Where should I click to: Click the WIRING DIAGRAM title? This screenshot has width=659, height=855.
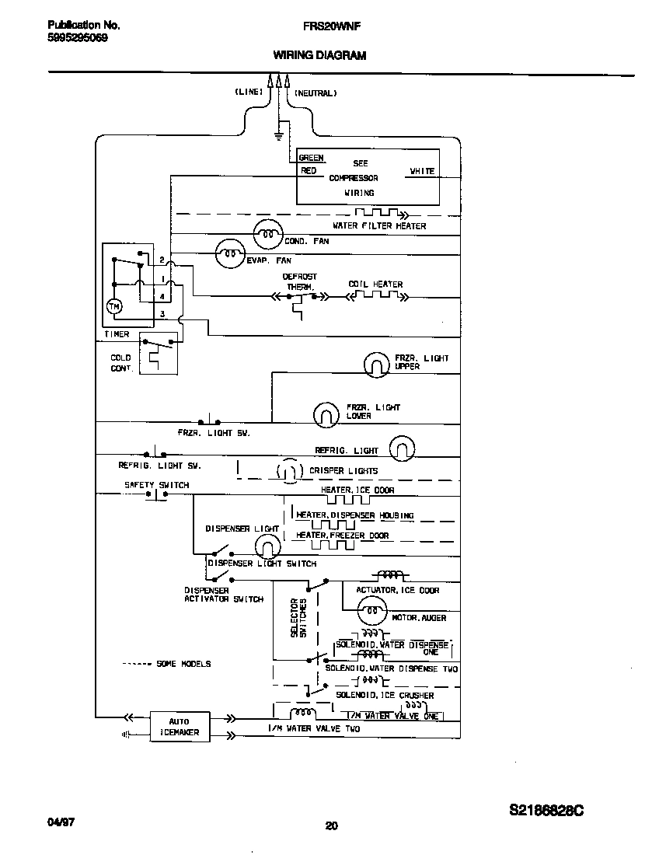(x=319, y=55)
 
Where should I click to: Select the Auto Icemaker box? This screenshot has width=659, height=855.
(x=180, y=727)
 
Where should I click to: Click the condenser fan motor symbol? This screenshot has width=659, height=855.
(x=268, y=232)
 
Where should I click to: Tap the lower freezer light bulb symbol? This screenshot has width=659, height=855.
(x=326, y=414)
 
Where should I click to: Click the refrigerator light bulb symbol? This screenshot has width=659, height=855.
(x=402, y=448)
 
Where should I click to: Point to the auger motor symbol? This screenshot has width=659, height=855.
(x=372, y=612)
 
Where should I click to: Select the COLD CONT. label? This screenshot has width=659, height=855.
(x=121, y=363)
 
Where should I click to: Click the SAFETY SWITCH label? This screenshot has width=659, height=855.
(x=156, y=485)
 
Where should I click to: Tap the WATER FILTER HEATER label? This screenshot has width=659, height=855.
(x=379, y=226)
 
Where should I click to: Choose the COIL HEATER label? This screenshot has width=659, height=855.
(x=375, y=284)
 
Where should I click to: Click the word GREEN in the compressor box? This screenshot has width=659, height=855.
(x=312, y=158)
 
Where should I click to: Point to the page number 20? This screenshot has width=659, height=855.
(x=331, y=826)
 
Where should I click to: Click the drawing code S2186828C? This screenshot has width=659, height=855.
(x=546, y=810)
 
